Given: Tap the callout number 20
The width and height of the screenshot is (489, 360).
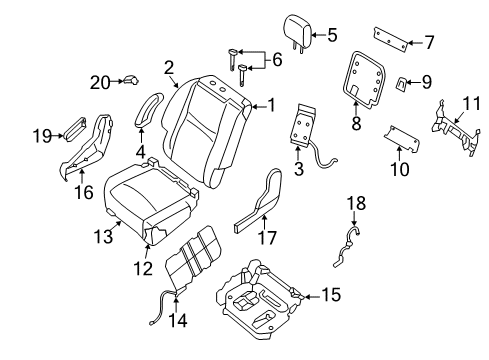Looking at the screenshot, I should click(98, 81).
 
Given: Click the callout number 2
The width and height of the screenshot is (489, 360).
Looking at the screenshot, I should click(169, 68).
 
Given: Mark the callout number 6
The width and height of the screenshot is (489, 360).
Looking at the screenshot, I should click(276, 61).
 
